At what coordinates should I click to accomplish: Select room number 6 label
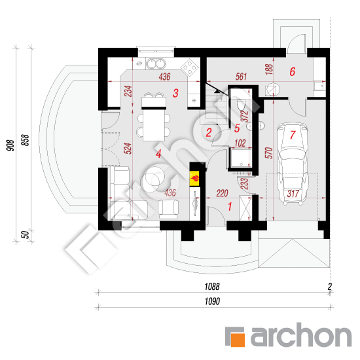pos(293,72)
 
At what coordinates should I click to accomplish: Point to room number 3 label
pos(175,94)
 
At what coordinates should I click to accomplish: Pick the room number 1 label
pos(230,206)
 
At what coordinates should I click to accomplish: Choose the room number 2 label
pos(209,133)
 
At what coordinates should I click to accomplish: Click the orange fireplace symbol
pos(195,177)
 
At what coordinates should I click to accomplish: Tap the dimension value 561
pos(241,77)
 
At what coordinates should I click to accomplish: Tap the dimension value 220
pos(221,193)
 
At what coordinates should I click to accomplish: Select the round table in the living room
pos(157,175)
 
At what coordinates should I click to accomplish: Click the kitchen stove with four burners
pos(190,65)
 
